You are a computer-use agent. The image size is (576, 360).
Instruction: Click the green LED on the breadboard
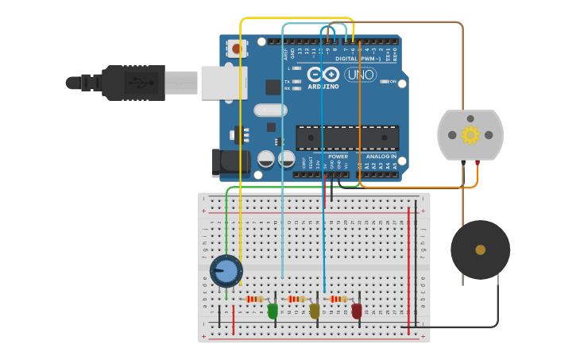[x=273, y=311]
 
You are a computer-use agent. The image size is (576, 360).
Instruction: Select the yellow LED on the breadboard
[x=315, y=311]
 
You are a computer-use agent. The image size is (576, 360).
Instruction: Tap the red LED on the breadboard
[x=357, y=311]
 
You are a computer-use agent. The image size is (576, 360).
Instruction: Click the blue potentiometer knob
[x=226, y=271]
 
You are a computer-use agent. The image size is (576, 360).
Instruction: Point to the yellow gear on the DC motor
[x=470, y=134]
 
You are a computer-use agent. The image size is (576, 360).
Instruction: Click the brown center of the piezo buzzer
[x=480, y=250]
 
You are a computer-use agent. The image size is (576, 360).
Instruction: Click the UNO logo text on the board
[x=360, y=75]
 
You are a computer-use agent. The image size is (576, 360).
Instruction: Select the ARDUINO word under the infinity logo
[x=323, y=87]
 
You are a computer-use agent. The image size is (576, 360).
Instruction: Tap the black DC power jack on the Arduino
[x=230, y=162]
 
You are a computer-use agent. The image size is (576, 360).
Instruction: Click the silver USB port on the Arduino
[x=223, y=83]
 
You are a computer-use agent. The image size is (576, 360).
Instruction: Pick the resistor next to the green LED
[x=255, y=299]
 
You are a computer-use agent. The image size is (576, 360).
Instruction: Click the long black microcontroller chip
[x=347, y=137]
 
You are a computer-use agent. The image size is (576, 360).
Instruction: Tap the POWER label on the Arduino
[x=336, y=157]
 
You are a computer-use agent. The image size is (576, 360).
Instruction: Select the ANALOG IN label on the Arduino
[x=381, y=157]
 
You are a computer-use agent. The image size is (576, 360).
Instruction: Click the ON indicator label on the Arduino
[x=392, y=81]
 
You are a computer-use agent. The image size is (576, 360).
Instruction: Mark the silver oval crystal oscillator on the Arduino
[x=270, y=110]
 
